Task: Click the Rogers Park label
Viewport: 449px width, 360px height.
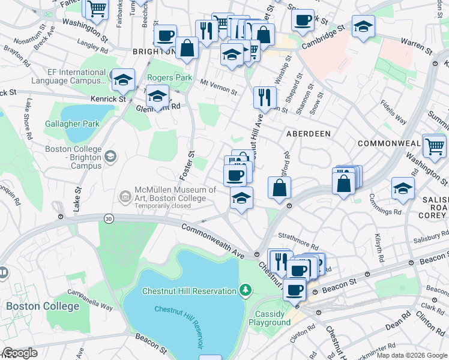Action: tap(170, 77)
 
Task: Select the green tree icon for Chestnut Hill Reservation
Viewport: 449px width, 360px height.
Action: tap(245, 291)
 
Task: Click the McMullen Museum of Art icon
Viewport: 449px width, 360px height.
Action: tap(125, 196)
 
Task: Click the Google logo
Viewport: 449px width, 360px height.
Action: tap(20, 353)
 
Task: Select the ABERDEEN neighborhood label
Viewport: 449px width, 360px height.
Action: tap(309, 133)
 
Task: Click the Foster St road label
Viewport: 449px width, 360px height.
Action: tap(187, 166)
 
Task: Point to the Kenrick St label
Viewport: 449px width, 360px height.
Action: tap(108, 98)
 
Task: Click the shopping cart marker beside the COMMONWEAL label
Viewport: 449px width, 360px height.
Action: tap(434, 145)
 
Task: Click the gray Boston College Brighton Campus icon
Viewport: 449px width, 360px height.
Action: tap(110, 157)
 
